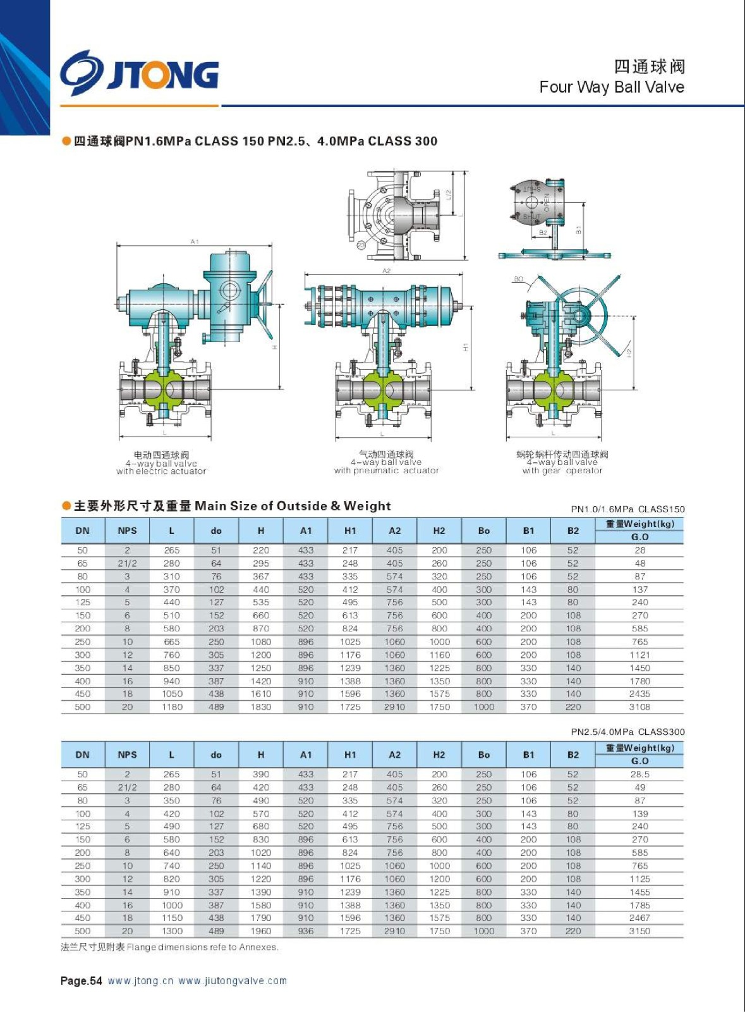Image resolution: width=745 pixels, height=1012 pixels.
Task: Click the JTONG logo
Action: tap(140, 73)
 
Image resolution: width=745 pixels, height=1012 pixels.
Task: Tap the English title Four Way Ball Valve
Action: tap(611, 87)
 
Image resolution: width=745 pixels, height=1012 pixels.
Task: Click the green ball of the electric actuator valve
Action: tap(164, 389)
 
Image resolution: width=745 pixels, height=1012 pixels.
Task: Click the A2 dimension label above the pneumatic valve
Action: tap(386, 271)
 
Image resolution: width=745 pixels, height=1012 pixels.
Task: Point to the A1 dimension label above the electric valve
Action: tap(195, 242)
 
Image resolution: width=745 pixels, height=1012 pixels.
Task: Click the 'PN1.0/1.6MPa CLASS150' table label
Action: tap(627, 509)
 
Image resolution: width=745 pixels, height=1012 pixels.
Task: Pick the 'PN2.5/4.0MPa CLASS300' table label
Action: tap(627, 732)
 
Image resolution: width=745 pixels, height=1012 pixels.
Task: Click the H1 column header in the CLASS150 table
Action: tap(350, 531)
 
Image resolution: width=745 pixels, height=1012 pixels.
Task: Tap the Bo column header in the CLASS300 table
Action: tap(483, 755)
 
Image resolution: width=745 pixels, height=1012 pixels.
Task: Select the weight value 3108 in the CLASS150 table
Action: tap(639, 707)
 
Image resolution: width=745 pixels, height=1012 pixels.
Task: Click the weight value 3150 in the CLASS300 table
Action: tap(639, 931)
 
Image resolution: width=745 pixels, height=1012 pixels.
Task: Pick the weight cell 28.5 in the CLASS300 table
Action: tap(639, 774)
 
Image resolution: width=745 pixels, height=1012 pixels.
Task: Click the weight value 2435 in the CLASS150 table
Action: tap(639, 694)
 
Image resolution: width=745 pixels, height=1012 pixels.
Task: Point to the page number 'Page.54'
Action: tap(81, 981)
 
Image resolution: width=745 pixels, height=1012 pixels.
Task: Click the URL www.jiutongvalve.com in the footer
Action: tap(233, 981)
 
